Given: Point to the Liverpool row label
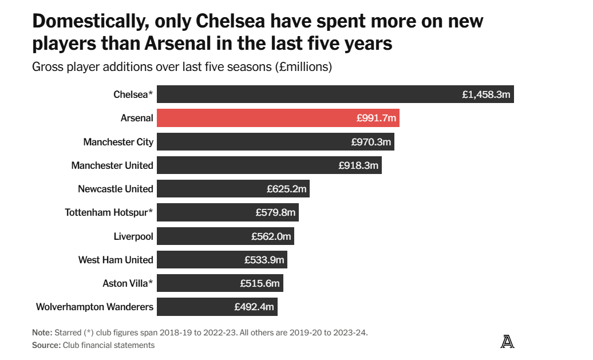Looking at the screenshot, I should (133, 236).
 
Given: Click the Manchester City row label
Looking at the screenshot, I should (118, 142).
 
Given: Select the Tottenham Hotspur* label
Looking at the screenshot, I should (109, 212).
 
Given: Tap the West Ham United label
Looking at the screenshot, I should (116, 260).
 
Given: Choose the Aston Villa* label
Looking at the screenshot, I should (128, 283).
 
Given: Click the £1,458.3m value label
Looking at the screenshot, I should (486, 94).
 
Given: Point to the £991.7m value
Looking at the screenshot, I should (376, 118).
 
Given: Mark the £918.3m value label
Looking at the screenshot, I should (358, 165).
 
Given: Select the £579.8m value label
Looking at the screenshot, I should (275, 213).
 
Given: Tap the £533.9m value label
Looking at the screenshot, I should (264, 260).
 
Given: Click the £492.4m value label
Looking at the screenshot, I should (254, 307).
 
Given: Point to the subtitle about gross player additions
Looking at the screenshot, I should (182, 66).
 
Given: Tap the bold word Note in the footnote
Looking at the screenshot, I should (42, 333).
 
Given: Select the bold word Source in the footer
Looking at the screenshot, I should (46, 345).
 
